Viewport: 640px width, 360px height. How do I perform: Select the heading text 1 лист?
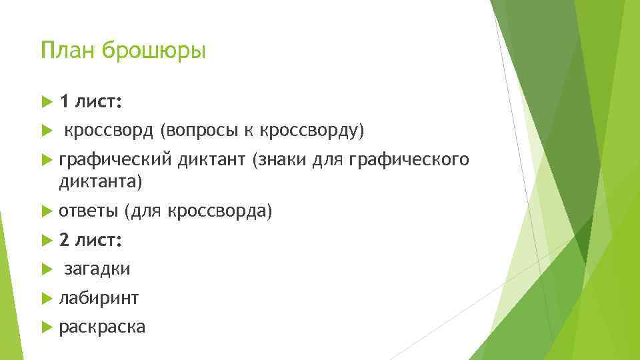[x=90, y=102]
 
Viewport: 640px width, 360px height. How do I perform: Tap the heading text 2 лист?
[x=90, y=240]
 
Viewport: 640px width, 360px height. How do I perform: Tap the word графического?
[x=409, y=161]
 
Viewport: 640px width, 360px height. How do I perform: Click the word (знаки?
[x=274, y=161]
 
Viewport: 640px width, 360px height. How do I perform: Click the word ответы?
[x=88, y=211]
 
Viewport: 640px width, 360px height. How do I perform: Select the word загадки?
[x=97, y=269]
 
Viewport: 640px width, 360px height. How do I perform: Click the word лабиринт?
[x=99, y=298]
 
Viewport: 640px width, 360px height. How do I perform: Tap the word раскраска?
[x=102, y=327]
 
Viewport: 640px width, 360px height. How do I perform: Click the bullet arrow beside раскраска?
[x=46, y=327]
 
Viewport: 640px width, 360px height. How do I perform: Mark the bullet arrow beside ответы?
[x=46, y=211]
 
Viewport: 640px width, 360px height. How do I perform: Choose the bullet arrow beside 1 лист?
[x=46, y=102]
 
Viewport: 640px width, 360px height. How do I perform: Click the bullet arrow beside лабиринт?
[x=46, y=298]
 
